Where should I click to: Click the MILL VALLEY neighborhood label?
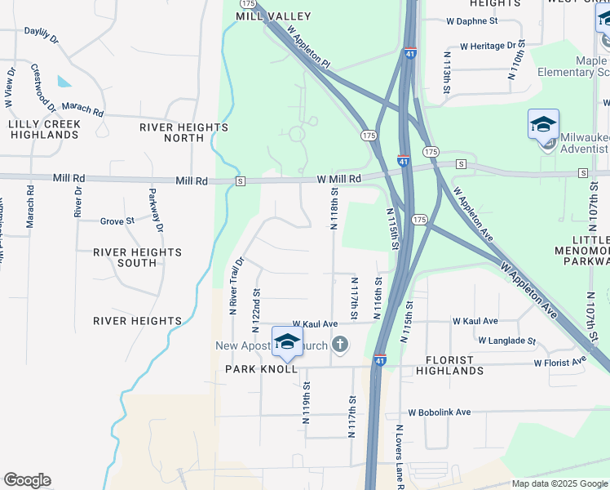[263, 16]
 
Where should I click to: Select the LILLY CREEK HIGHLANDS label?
[44, 129]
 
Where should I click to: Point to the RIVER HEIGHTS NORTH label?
[183, 132]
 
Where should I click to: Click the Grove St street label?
[117, 221]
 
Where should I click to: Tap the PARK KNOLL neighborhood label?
[255, 370]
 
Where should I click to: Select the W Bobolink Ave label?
[440, 412]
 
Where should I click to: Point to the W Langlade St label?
[506, 341]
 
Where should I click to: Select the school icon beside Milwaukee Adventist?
[543, 126]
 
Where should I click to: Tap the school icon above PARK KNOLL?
[287, 341]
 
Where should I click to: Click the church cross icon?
[339, 345]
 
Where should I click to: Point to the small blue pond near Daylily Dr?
[64, 82]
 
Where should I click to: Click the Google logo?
[27, 480]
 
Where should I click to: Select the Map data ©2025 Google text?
[559, 483]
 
